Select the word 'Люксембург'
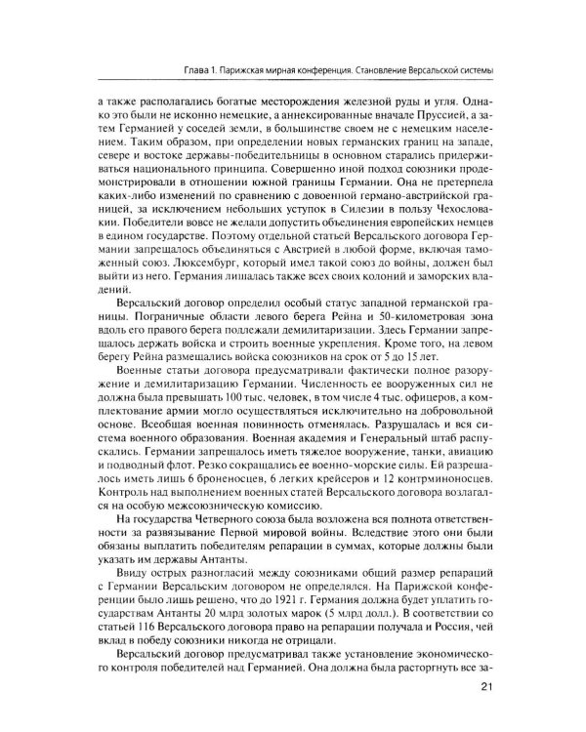[175, 261]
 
